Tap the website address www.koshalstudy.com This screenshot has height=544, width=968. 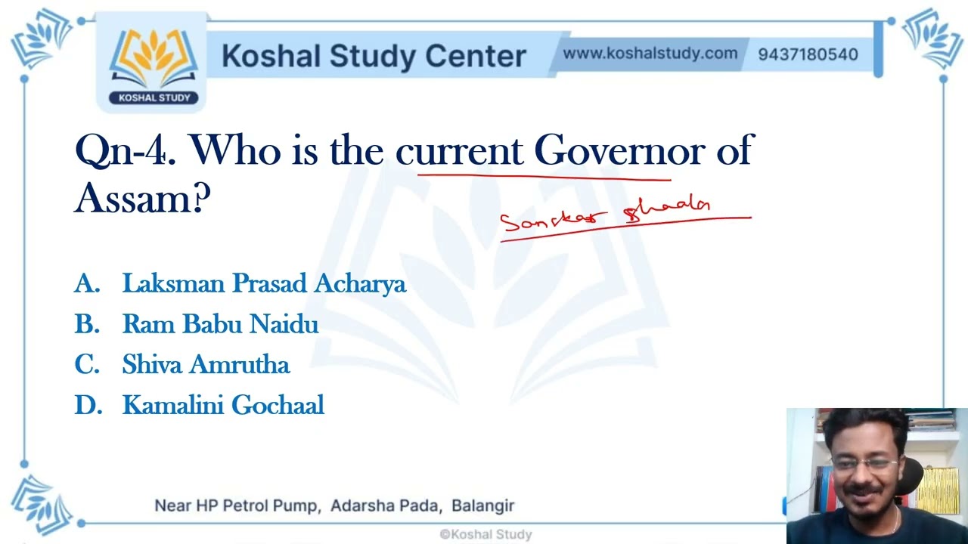click(x=650, y=54)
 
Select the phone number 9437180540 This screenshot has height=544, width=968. click(x=808, y=54)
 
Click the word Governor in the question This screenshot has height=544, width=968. click(x=619, y=151)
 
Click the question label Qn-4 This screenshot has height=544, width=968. click(x=126, y=151)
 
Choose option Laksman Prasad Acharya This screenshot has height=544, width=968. click(x=264, y=283)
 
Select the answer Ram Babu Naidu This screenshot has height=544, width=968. click(x=220, y=324)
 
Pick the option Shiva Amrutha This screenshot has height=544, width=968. click(x=206, y=365)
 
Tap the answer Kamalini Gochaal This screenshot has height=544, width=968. click(x=223, y=406)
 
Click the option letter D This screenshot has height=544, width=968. click(x=88, y=406)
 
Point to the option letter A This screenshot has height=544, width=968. click(x=87, y=283)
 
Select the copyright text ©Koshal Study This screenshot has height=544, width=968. click(x=486, y=534)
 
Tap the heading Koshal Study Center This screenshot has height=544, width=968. click(x=374, y=56)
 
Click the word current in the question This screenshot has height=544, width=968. click(x=459, y=151)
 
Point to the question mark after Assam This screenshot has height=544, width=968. click(x=201, y=198)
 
